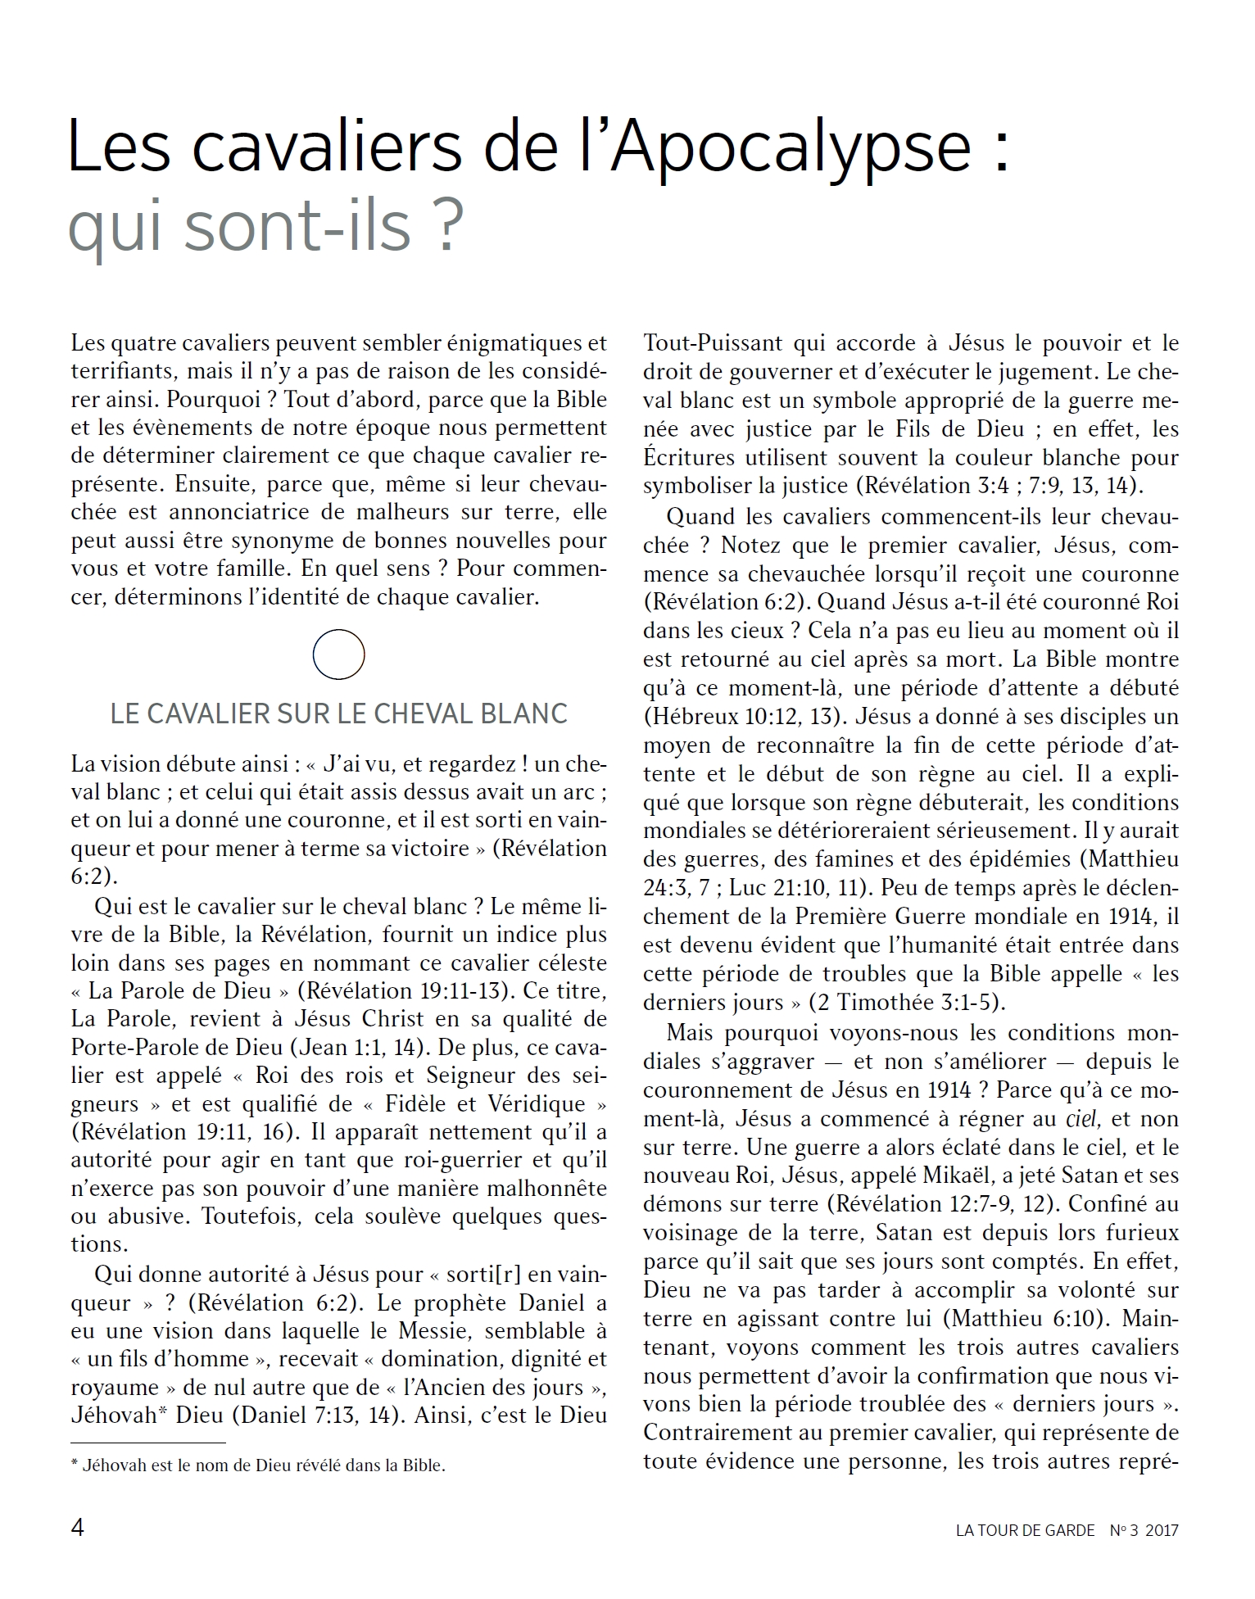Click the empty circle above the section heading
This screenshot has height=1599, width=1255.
pyautogui.click(x=338, y=655)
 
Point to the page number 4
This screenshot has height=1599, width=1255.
pyautogui.click(x=78, y=1528)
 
